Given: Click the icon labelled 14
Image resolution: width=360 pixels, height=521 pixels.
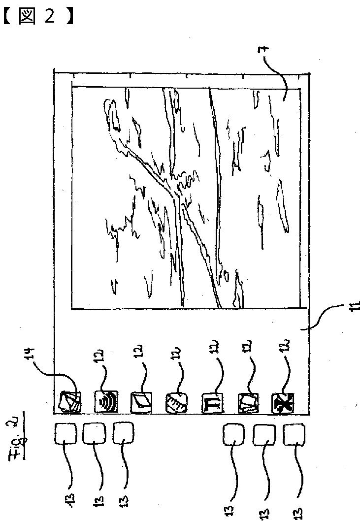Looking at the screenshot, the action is point(68,401).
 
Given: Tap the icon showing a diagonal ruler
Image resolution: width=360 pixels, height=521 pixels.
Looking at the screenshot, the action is point(176,402).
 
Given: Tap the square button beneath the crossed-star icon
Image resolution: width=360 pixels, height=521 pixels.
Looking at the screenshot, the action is point(294,436).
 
